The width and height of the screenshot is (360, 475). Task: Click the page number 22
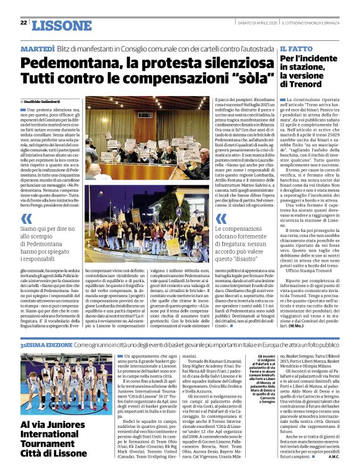24,23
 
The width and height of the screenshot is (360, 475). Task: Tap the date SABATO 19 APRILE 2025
259,23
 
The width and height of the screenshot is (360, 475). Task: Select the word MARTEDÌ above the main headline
38,48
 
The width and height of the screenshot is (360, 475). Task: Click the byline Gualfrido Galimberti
44,101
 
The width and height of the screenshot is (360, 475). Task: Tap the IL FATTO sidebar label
295,48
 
